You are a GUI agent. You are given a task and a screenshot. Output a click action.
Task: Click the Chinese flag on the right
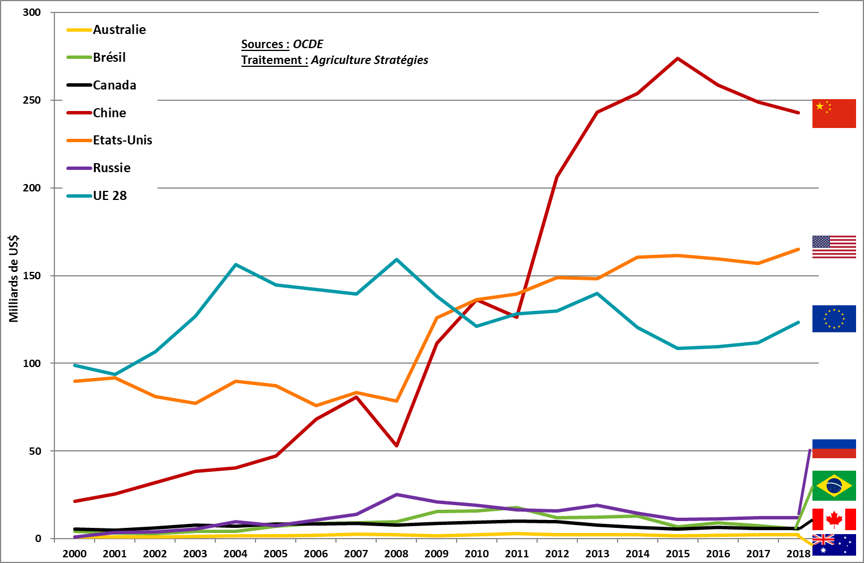[x=833, y=113]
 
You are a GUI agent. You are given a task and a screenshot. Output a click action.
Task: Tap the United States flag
[x=833, y=247]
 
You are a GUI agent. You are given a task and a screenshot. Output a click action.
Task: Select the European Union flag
[x=833, y=318]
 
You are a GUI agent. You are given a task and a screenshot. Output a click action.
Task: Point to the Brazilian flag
[x=833, y=485]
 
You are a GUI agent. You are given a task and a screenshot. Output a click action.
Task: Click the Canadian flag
[x=833, y=519]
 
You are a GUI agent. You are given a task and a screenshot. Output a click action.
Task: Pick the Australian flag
[x=833, y=545]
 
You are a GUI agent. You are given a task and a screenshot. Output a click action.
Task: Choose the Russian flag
[x=833, y=449]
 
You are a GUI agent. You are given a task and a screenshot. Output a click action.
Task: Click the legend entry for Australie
[x=119, y=30]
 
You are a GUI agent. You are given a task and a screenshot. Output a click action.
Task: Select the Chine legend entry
[x=109, y=113]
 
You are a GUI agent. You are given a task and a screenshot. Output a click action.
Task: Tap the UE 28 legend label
[x=110, y=196]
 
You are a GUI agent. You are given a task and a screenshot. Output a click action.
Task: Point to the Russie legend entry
[x=112, y=168]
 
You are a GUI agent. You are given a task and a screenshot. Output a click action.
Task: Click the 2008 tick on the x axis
[x=396, y=554]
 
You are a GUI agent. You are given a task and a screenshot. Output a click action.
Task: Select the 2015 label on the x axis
[x=678, y=554]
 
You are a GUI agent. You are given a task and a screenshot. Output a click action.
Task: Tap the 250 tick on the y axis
[x=32, y=100]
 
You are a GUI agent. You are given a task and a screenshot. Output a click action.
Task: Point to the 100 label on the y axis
[x=32, y=364]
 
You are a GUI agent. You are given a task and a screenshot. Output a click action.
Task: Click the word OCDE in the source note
[x=308, y=44]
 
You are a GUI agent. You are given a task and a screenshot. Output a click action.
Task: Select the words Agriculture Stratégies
[x=369, y=60]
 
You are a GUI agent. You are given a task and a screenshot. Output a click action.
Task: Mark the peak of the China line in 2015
[x=678, y=58]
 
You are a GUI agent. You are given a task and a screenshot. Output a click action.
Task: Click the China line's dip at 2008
[x=396, y=446]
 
